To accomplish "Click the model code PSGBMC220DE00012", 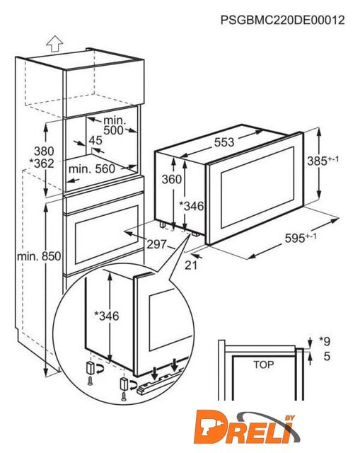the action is tap(283, 21).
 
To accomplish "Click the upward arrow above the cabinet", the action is tap(54, 44).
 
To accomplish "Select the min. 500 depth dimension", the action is tap(113, 125).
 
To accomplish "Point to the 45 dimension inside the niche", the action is tap(95, 140).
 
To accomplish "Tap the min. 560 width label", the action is tap(92, 168).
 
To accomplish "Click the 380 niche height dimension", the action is tap(44, 151).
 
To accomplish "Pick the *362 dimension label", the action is tap(42, 164).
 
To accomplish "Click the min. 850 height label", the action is tap(39, 256).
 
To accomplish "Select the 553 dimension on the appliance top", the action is tap(224, 142).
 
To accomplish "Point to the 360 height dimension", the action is tap(171, 179).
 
